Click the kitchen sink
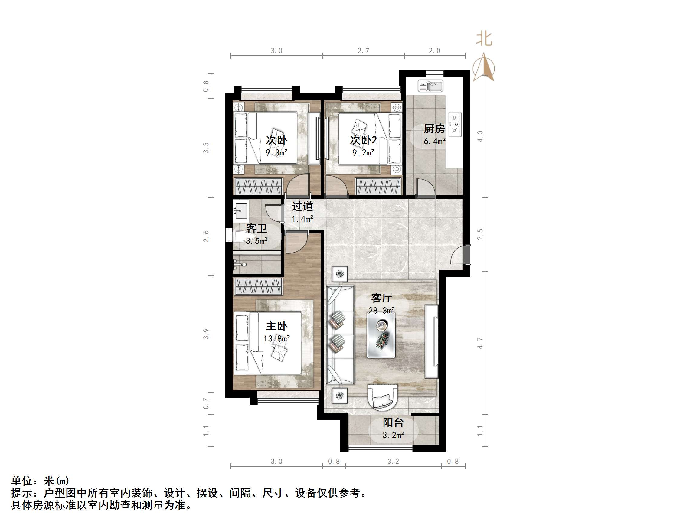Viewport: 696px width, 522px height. pyautogui.click(x=430, y=86)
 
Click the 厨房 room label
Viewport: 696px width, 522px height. pyautogui.click(x=434, y=129)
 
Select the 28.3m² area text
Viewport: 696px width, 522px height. pyautogui.click(x=382, y=311)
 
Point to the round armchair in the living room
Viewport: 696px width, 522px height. pyautogui.click(x=383, y=397)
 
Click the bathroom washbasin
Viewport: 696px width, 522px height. pyautogui.click(x=241, y=209)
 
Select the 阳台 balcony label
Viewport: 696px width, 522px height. pyautogui.click(x=393, y=422)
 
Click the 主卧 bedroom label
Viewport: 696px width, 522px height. pyautogui.click(x=276, y=326)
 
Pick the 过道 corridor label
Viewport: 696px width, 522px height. pyautogui.click(x=302, y=206)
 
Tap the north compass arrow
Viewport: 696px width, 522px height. pyautogui.click(x=484, y=67)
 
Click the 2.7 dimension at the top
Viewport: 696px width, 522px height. pyautogui.click(x=363, y=51)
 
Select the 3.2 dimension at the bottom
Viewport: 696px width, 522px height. pyautogui.click(x=393, y=462)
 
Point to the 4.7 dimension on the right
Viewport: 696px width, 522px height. pyautogui.click(x=480, y=343)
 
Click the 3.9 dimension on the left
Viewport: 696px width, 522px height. pyautogui.click(x=206, y=334)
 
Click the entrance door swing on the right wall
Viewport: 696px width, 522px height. pyautogui.click(x=459, y=255)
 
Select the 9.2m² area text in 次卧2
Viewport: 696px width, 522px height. pyautogui.click(x=363, y=153)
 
